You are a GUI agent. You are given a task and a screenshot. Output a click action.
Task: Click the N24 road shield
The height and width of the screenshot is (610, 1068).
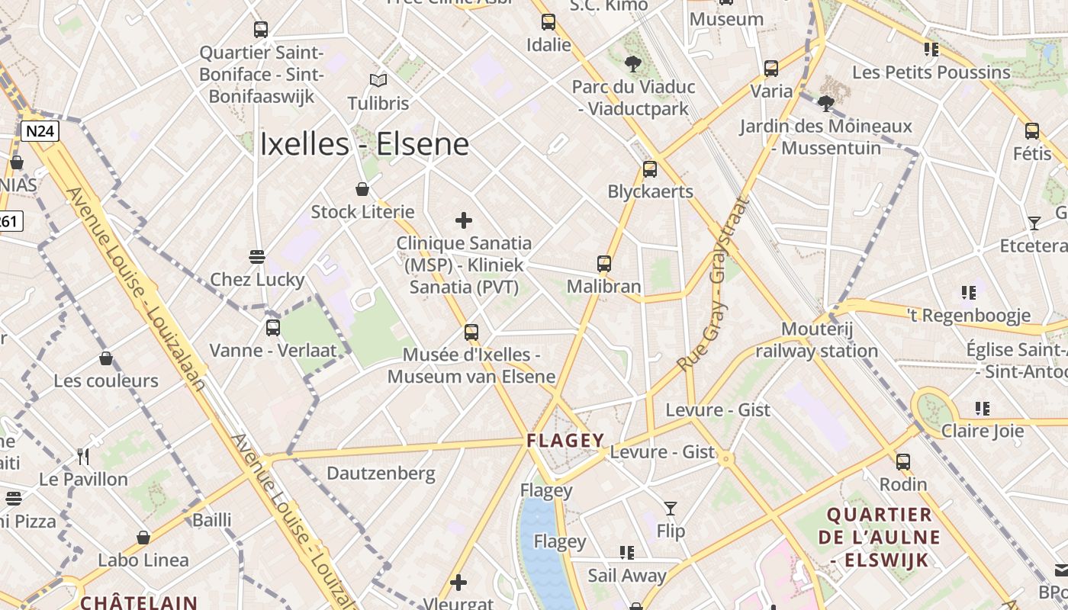[x=39, y=131]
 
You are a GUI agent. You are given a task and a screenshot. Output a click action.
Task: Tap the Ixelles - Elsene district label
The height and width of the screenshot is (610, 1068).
[x=364, y=144]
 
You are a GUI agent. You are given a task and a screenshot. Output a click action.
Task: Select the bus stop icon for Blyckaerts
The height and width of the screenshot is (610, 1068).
[x=650, y=169]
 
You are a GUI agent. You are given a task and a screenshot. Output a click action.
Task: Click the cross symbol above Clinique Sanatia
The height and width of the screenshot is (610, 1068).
[x=463, y=221]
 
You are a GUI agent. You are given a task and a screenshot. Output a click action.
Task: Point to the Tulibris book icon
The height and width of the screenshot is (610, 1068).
[x=378, y=80]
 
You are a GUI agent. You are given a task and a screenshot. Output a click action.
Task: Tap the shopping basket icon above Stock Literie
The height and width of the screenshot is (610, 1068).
[x=362, y=189]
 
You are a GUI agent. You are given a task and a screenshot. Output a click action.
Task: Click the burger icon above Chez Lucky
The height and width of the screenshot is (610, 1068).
[x=257, y=256]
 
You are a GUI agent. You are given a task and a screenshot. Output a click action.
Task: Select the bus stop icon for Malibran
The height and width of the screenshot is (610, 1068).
[x=604, y=264]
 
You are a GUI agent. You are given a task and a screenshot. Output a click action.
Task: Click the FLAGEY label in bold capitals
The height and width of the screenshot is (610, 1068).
[x=565, y=441]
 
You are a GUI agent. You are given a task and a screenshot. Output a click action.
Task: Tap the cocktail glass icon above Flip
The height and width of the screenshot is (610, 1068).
[x=670, y=508]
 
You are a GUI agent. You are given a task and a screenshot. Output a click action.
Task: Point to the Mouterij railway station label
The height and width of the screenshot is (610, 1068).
[x=817, y=340]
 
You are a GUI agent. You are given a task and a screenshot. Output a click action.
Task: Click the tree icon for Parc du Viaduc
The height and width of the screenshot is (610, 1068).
[x=633, y=64]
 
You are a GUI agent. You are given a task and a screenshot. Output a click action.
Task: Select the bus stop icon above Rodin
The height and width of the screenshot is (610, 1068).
[x=903, y=461]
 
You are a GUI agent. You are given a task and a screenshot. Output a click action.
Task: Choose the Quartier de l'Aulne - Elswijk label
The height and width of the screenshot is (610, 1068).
[x=879, y=538]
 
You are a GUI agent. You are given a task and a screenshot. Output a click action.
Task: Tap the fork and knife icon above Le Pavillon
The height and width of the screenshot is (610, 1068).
[x=84, y=457]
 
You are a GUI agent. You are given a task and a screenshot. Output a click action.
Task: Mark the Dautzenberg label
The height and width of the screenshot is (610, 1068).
[x=381, y=474]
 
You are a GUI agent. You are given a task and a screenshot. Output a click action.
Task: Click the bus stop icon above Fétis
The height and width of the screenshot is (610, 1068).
[x=1032, y=130]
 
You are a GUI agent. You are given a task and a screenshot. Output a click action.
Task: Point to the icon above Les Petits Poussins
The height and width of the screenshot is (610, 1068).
[x=931, y=50]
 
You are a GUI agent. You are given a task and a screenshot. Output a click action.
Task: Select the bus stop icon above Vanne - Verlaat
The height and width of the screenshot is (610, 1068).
[x=272, y=328]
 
